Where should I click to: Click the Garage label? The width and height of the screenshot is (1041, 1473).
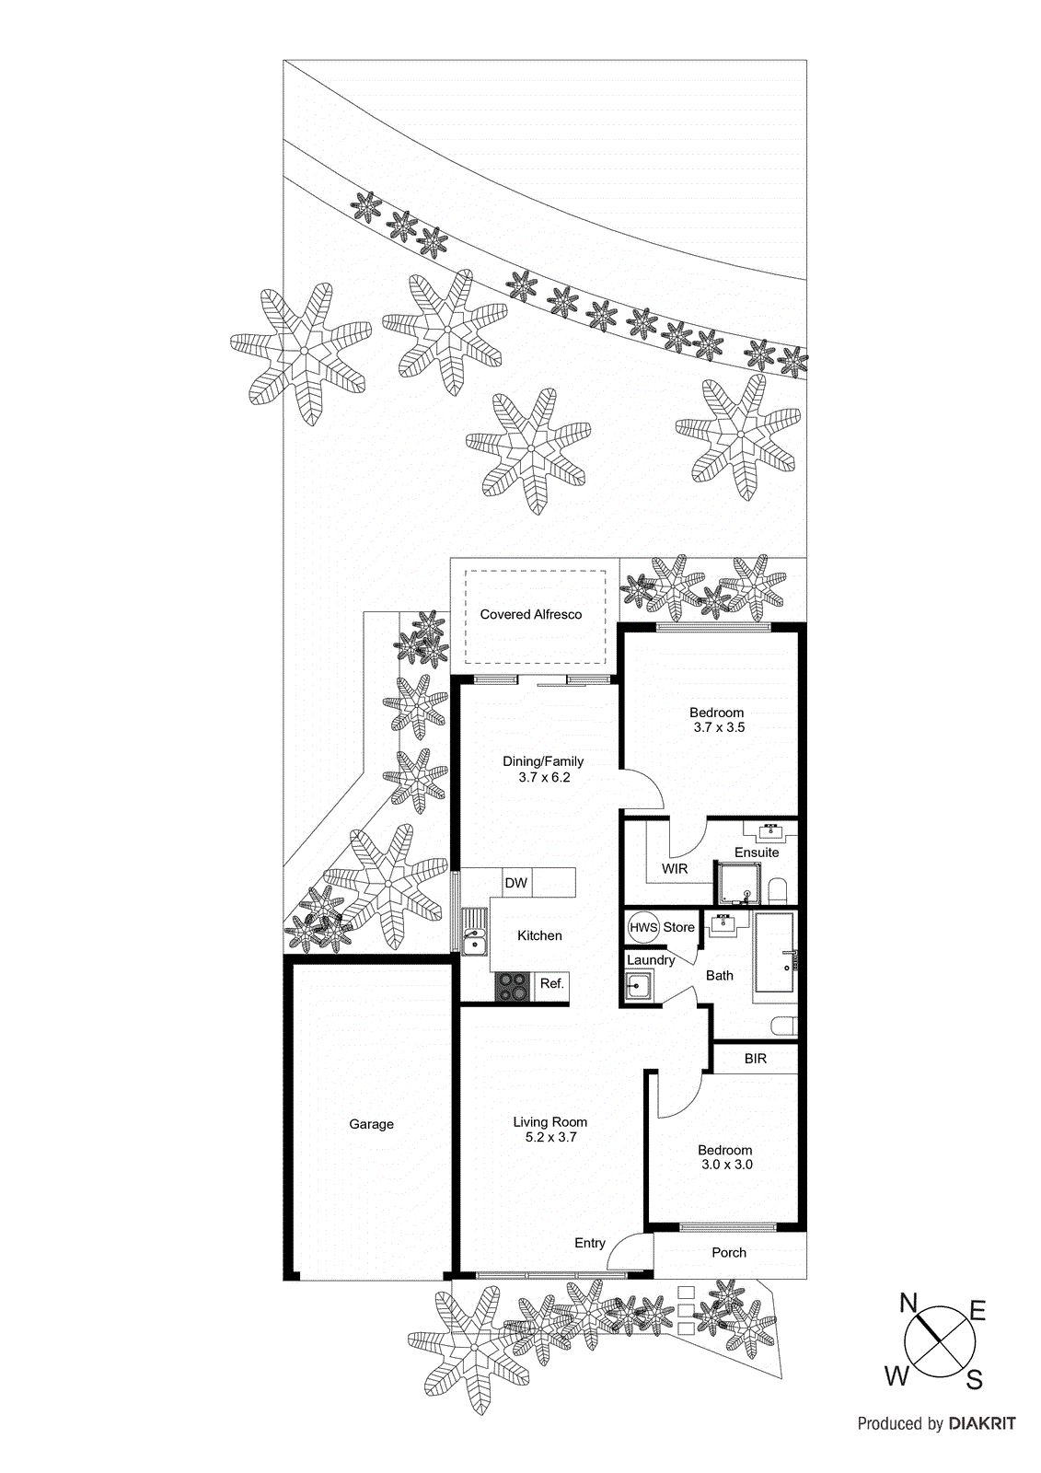click(371, 1124)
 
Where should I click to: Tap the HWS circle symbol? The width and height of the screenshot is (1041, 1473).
click(643, 927)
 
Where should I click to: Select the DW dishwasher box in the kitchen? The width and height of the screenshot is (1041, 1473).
click(516, 883)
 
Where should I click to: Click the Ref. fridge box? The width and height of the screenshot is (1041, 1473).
click(551, 984)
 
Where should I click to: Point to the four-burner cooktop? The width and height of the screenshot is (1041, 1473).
click(513, 987)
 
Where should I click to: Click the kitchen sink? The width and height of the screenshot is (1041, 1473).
click(474, 933)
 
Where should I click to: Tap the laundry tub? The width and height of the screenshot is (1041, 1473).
click(639, 987)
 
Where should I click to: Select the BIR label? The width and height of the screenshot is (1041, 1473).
click(756, 1059)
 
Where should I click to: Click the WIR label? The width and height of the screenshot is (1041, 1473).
click(675, 869)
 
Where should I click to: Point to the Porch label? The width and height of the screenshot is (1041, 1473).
click(729, 1253)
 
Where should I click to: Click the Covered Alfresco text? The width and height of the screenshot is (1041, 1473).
click(531, 614)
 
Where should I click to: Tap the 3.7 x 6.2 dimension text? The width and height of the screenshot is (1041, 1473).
click(544, 777)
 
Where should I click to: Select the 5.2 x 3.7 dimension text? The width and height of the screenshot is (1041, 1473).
click(550, 1137)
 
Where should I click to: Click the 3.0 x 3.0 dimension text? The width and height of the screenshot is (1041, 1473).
click(727, 1165)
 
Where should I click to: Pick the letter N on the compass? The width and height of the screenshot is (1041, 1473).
click(908, 1303)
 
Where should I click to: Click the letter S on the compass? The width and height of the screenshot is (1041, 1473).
click(975, 1379)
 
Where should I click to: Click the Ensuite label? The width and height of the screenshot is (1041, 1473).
click(757, 852)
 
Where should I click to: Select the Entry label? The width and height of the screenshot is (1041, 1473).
click(590, 1243)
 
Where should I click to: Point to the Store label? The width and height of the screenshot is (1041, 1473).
click(679, 927)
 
